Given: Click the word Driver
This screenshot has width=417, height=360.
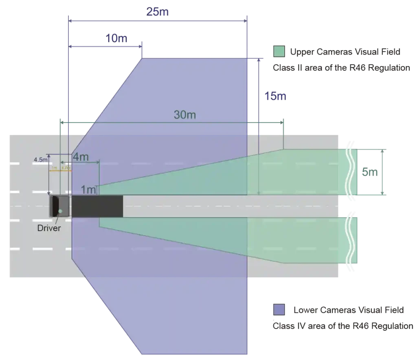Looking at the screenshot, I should click(x=49, y=228).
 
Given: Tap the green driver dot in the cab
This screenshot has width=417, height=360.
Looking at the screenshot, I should click(x=60, y=210).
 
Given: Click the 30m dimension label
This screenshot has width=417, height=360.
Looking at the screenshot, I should click(x=184, y=115).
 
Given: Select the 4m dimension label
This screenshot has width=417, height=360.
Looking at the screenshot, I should click(x=80, y=156).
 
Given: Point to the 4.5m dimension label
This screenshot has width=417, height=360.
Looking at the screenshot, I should click(x=40, y=159).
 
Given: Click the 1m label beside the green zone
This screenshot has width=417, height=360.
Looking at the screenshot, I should click(x=88, y=190).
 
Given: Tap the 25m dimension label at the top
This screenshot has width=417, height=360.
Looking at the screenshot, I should click(x=157, y=12).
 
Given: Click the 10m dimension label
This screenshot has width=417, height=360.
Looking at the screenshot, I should click(x=116, y=40).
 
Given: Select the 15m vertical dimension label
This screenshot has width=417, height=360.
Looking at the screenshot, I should click(x=275, y=97).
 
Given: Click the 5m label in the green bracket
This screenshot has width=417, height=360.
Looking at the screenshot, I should click(x=370, y=172).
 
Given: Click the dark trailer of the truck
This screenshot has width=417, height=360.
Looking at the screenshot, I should click(x=97, y=206).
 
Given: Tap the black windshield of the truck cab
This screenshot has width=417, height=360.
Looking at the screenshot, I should click(x=54, y=206).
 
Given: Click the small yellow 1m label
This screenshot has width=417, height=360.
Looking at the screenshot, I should click(x=54, y=168).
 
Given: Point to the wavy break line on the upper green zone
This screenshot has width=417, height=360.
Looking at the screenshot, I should click(x=349, y=171).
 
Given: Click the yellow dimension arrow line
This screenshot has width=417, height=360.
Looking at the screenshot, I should click(x=60, y=171).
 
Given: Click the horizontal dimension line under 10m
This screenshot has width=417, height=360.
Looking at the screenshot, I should click(x=106, y=48).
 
